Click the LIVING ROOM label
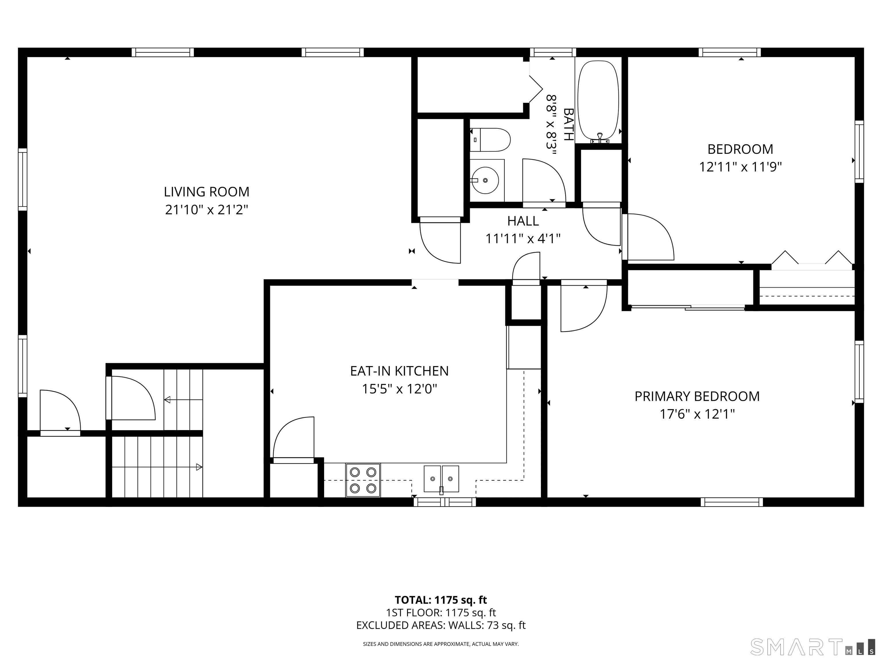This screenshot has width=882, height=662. [x=206, y=192]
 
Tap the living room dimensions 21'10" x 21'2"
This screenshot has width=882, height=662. [x=206, y=209]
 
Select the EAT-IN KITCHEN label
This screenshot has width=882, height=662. [x=399, y=371]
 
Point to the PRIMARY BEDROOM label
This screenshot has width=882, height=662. [x=697, y=396]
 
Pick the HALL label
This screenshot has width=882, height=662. [x=523, y=221]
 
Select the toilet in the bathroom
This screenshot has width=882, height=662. [x=490, y=140]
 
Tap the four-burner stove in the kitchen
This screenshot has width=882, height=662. [x=363, y=480]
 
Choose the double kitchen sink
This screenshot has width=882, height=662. [x=441, y=479]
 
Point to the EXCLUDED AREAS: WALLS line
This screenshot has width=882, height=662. [x=441, y=625]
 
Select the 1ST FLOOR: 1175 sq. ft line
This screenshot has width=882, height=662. [x=441, y=613]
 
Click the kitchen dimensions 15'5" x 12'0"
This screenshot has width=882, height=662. [x=399, y=389]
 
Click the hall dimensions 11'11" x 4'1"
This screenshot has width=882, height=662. [x=523, y=238]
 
